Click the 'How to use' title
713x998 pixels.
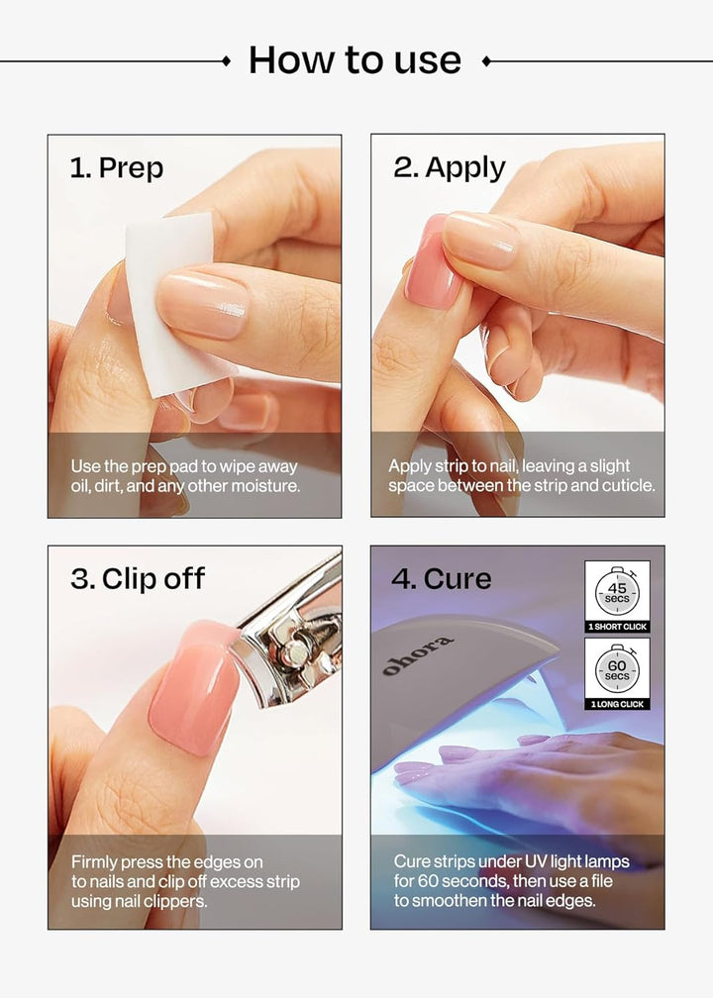(355, 60)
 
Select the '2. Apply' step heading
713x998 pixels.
(449, 167)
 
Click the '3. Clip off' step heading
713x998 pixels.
(137, 578)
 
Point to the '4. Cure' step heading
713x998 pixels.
(441, 578)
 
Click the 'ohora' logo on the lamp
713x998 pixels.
(418, 656)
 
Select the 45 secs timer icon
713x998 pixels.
(617, 593)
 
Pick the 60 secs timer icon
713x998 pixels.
(617, 669)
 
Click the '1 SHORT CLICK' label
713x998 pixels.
(617, 627)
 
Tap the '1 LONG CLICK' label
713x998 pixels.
(617, 704)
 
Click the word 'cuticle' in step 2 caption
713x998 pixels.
(626, 486)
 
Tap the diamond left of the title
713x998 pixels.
(226, 61)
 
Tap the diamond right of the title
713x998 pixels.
(485, 61)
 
